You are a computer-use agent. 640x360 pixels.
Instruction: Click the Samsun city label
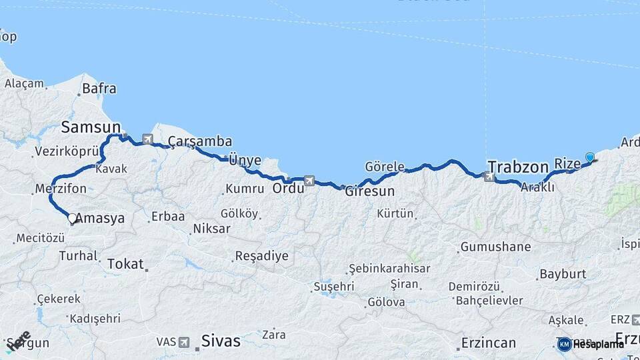point(91,127)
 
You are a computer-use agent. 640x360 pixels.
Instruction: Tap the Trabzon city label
point(517,166)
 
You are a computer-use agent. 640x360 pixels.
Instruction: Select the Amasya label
point(100,218)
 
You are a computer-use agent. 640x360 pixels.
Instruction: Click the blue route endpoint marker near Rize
point(589,157)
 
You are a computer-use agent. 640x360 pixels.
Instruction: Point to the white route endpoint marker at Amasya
point(72,218)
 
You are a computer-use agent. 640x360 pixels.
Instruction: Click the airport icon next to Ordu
point(309,180)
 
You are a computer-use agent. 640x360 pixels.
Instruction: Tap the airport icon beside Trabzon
point(490,177)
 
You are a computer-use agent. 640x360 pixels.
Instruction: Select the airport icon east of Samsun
point(147,139)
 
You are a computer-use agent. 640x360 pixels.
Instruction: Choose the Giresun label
point(369,191)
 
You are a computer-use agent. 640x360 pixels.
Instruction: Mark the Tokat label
point(125,264)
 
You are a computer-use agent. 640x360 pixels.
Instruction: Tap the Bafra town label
point(99,88)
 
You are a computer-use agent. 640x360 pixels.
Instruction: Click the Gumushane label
point(495,247)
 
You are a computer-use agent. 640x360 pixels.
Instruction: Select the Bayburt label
point(562,273)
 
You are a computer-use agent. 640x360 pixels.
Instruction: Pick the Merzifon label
point(61,189)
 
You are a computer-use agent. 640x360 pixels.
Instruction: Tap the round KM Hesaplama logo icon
point(564,344)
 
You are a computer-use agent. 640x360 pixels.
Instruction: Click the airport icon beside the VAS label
point(184,342)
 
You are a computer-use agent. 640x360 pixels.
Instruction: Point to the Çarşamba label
point(200,141)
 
